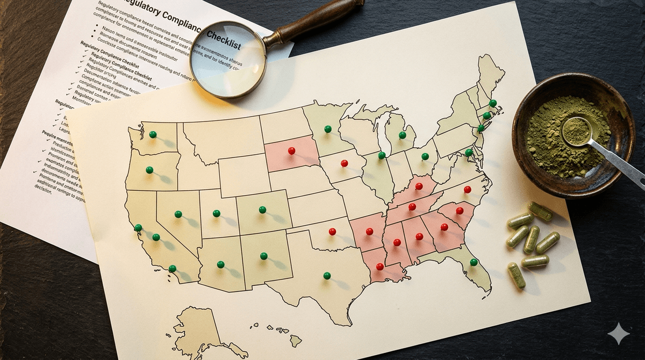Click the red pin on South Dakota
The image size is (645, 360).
click(x=291, y=150)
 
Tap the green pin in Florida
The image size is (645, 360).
click(x=474, y=262)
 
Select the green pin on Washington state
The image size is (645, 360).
click(x=153, y=134)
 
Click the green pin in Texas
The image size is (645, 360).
click(x=327, y=276)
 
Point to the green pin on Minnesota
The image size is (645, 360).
click(x=327, y=129)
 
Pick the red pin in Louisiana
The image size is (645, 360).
click(x=379, y=267)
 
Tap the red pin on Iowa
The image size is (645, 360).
click(x=344, y=163)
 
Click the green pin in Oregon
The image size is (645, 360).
click(x=149, y=170)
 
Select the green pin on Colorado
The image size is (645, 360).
click(x=262, y=210)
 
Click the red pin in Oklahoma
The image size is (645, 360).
click(x=332, y=232)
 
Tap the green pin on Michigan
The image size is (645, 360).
click(x=402, y=135)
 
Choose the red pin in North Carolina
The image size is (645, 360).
click(x=467, y=189)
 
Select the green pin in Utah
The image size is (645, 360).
click(x=217, y=213)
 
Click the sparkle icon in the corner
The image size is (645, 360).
click(x=619, y=334)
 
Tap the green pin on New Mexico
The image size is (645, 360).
click(x=263, y=256)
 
